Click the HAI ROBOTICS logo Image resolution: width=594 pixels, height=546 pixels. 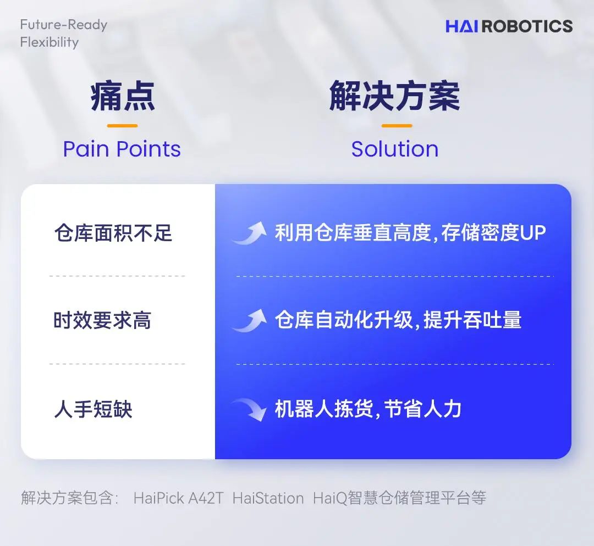click(509, 26)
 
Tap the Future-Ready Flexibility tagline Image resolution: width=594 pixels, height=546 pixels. click(64, 34)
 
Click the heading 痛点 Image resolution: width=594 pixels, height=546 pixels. click(123, 96)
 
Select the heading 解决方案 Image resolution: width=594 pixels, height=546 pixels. click(395, 96)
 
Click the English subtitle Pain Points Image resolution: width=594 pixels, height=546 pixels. click(122, 149)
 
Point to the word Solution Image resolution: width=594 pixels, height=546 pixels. click(395, 149)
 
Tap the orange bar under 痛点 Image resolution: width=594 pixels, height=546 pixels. click(122, 126)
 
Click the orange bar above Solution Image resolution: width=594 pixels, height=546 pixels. click(397, 126)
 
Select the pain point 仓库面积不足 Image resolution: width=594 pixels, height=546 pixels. click(113, 233)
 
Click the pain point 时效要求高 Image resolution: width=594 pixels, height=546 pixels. click(102, 320)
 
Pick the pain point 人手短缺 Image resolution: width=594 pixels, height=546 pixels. click(93, 409)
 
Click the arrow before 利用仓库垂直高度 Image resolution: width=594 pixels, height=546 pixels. click(250, 233)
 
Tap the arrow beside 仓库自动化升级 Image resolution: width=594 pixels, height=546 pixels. click(250, 321)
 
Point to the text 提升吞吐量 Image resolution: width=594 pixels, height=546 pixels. click(472, 320)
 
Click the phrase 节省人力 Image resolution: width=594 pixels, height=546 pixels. click(423, 409)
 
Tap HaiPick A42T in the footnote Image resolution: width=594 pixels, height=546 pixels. click(178, 498)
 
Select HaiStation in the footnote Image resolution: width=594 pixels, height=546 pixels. click(268, 498)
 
